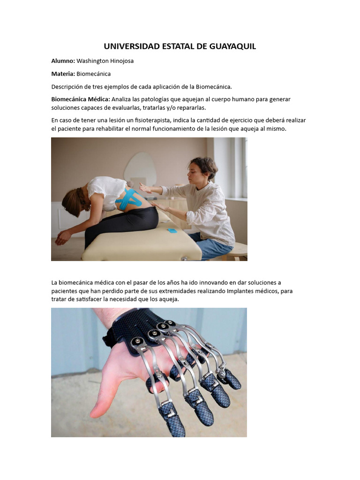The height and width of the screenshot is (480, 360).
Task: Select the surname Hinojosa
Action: tap(120, 61)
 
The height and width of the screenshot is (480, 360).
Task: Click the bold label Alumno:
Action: tap(63, 61)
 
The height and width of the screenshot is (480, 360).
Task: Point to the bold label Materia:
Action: tap(63, 74)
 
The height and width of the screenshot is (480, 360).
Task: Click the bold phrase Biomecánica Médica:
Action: tap(81, 99)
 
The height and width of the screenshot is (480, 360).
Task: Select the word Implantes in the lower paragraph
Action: tap(243, 291)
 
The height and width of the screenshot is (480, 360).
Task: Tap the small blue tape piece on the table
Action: tap(172, 231)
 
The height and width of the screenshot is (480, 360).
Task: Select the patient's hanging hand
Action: tap(62, 238)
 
